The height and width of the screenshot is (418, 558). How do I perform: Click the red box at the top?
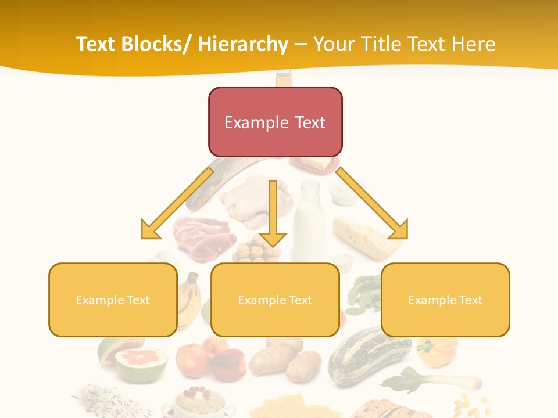275,122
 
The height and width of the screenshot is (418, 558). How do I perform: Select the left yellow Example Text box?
113,300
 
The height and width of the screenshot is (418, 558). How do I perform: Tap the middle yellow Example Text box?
275,300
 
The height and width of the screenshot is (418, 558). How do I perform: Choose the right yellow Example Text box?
445,300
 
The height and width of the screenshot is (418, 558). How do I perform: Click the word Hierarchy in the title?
243,44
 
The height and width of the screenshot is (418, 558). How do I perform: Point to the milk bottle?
309,221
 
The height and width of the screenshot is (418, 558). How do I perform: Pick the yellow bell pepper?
437,351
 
